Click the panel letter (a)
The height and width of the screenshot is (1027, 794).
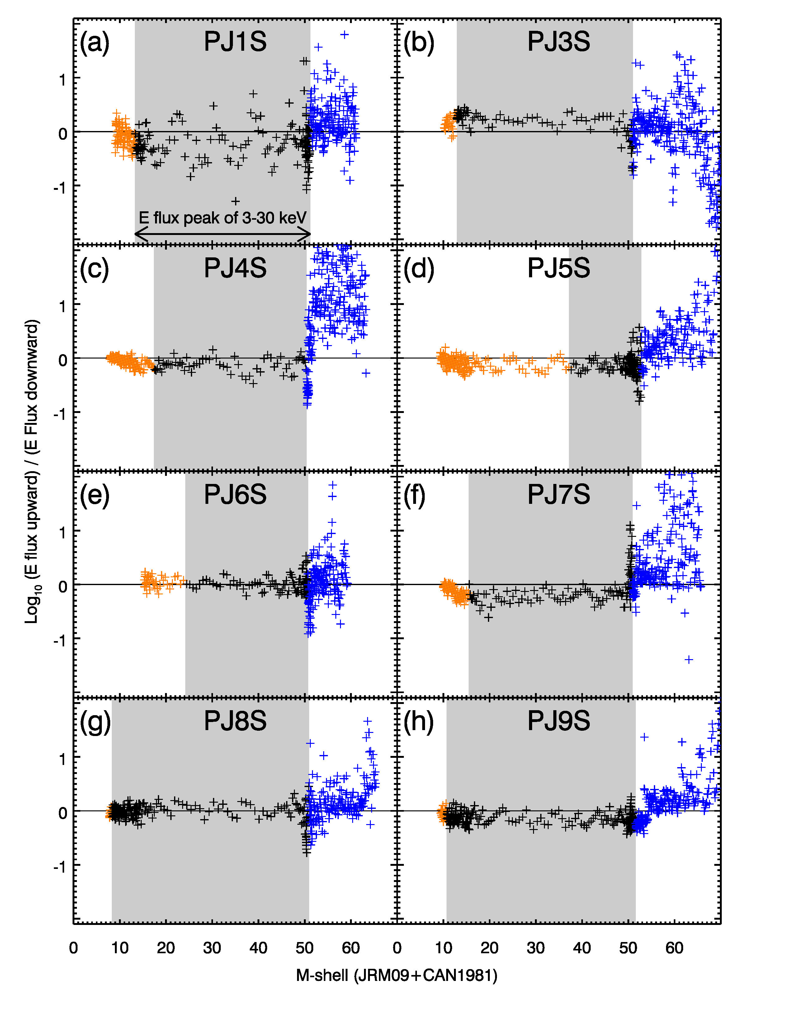coord(95,42)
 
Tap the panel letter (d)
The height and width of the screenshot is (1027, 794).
coord(418,269)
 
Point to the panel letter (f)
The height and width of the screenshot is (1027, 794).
coord(414,495)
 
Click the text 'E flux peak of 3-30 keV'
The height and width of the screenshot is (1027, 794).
coord(223,218)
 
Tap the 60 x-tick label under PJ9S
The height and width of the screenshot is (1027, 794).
coord(674,948)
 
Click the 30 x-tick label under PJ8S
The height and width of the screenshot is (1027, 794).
coord(212,948)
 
